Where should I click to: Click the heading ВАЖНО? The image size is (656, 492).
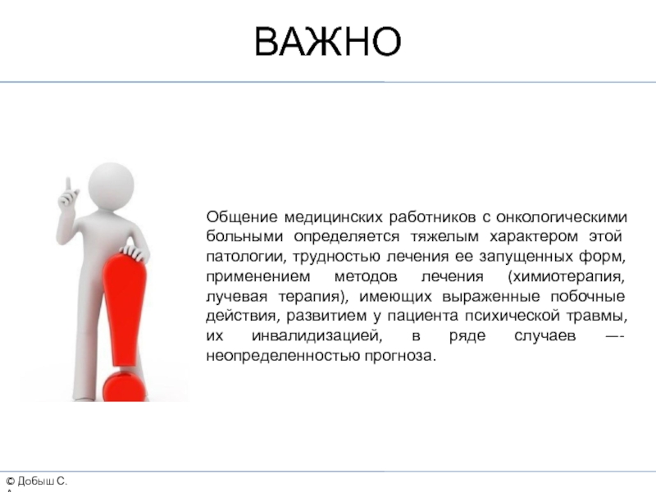(327, 41)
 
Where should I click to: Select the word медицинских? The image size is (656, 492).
(334, 217)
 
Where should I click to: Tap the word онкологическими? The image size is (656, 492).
(562, 217)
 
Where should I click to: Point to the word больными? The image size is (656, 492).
(244, 236)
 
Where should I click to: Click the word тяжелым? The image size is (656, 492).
(444, 237)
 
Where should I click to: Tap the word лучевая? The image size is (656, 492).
(236, 296)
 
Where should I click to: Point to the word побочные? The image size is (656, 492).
(587, 296)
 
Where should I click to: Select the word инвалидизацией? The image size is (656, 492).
(317, 336)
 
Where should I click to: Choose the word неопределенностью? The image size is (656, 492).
(283, 356)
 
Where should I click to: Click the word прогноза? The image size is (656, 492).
(400, 356)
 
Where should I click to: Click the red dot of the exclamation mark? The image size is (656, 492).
(124, 386)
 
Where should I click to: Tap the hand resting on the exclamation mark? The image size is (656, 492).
(134, 253)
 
